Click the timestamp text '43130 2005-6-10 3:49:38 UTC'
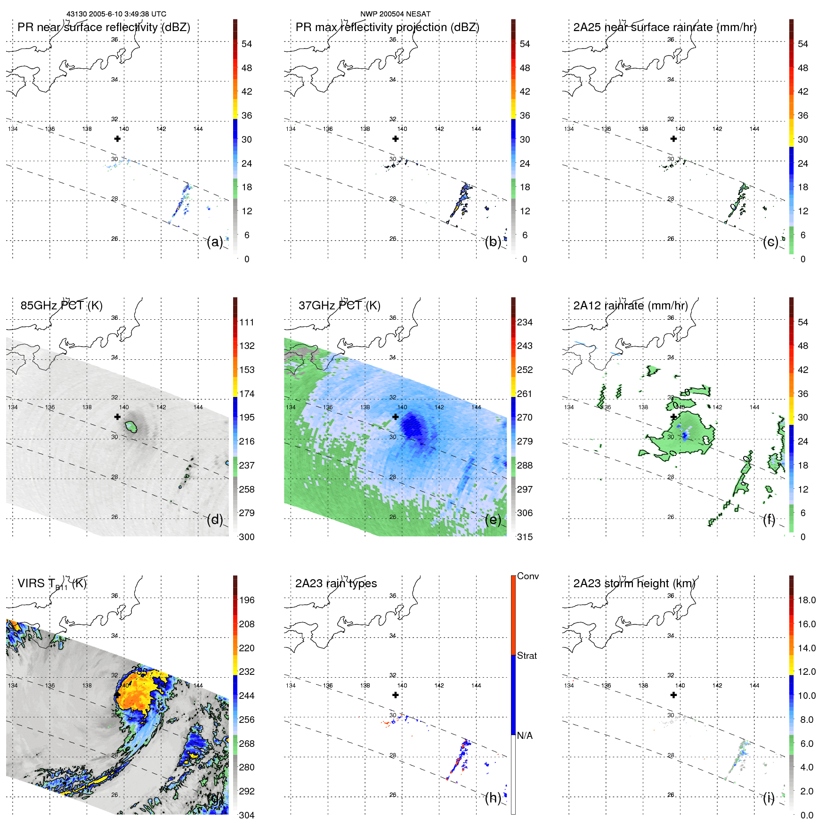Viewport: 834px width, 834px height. pyautogui.click(x=116, y=14)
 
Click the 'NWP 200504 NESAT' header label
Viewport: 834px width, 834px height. pyautogui.click(x=395, y=14)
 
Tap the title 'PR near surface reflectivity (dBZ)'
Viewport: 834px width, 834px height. pyautogui.click(x=104, y=27)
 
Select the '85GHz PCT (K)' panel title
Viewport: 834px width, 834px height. pyautogui.click(x=61, y=306)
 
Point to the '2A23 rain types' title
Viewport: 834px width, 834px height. pyautogui.click(x=336, y=583)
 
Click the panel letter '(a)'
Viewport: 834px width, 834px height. pyautogui.click(x=215, y=242)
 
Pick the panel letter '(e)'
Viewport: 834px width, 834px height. pyautogui.click(x=493, y=520)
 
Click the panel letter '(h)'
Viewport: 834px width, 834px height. pyautogui.click(x=493, y=798)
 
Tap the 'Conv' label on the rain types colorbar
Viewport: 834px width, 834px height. pyautogui.click(x=527, y=576)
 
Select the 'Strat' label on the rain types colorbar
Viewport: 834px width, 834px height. pyautogui.click(x=526, y=656)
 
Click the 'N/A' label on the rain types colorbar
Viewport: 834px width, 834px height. pyautogui.click(x=525, y=736)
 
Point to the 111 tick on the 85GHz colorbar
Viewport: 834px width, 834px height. pyautogui.click(x=247, y=323)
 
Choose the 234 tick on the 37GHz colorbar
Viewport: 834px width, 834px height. pyautogui.click(x=525, y=323)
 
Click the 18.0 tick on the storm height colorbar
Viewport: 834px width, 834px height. pyautogui.click(x=806, y=600)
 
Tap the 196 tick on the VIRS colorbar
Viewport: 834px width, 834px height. pyautogui.click(x=247, y=600)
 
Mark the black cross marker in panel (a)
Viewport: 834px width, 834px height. pyautogui.click(x=117, y=139)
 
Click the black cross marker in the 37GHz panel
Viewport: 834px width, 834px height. pyautogui.click(x=396, y=417)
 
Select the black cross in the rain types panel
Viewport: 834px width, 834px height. pyautogui.click(x=396, y=695)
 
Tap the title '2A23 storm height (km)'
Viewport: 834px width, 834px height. pyautogui.click(x=634, y=583)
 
